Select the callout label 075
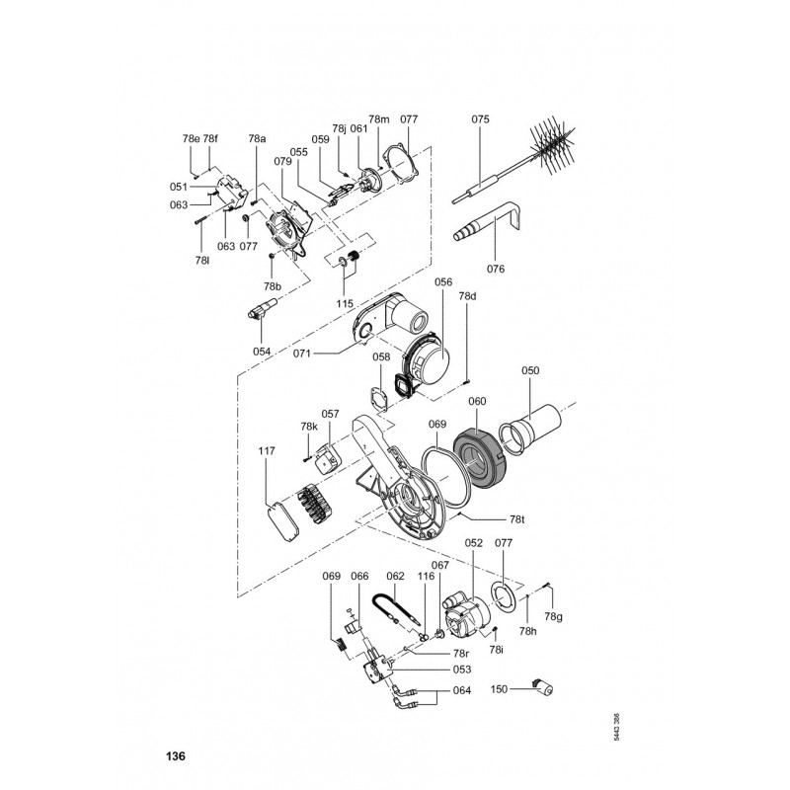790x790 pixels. click(480, 119)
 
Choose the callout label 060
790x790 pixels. click(477, 402)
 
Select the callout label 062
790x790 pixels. click(395, 576)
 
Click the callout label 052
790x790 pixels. click(473, 543)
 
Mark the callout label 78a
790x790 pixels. click(258, 140)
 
